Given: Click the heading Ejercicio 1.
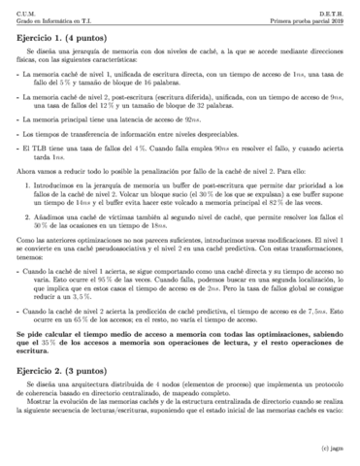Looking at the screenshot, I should click(x=44, y=37).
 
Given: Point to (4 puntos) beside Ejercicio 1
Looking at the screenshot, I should click(x=99, y=37).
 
